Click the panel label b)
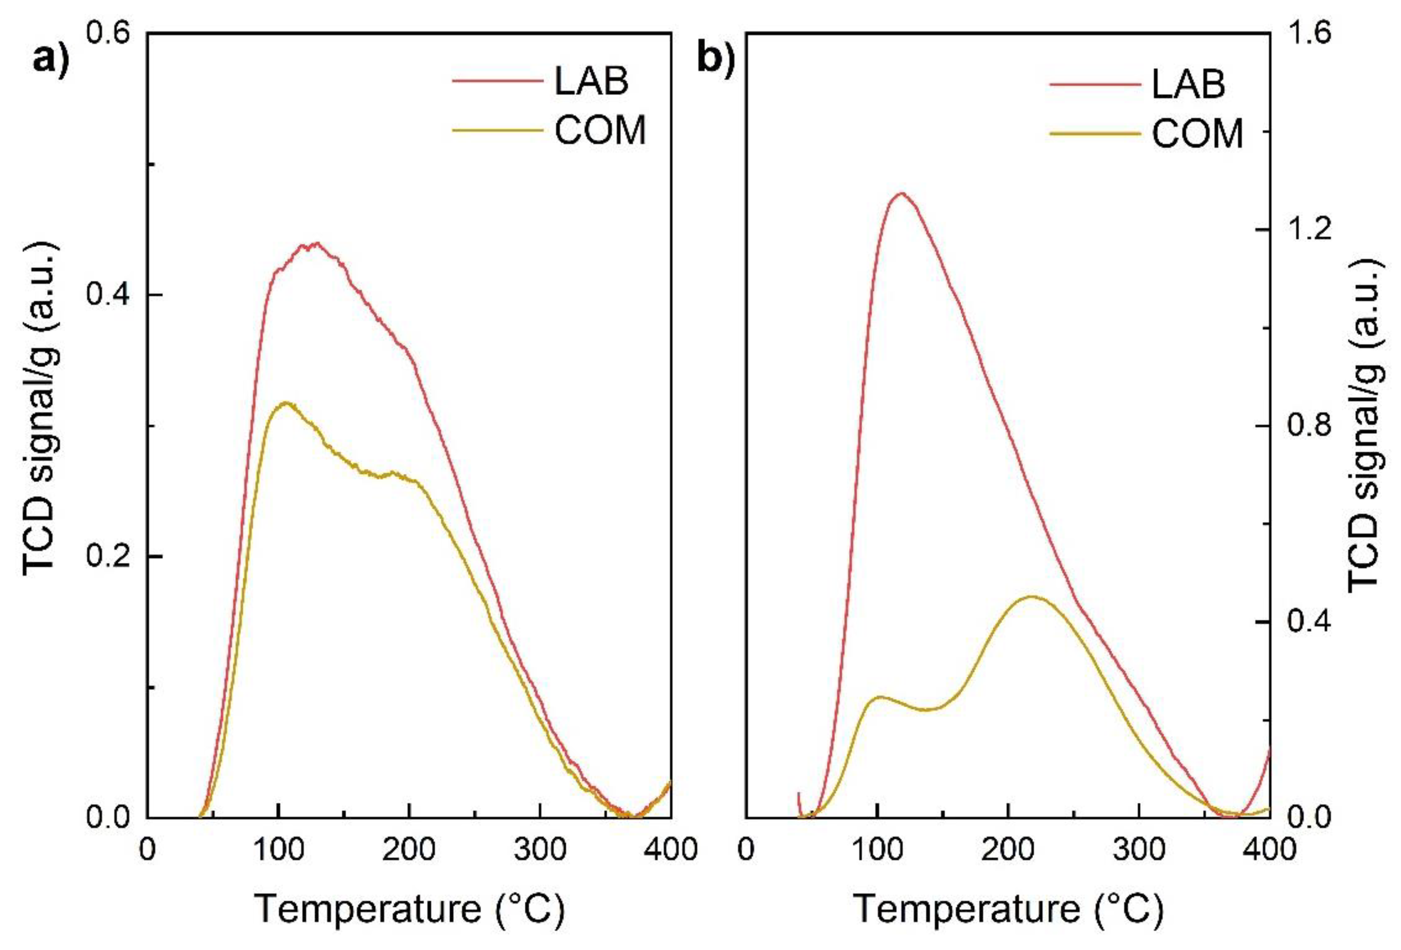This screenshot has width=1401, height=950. (x=715, y=59)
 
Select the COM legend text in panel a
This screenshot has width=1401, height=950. (x=600, y=130)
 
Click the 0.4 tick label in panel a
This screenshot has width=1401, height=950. (x=109, y=295)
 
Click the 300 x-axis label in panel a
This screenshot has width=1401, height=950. (x=541, y=850)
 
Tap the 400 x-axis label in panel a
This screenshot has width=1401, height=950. (x=671, y=850)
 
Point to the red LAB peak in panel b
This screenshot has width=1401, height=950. (x=902, y=194)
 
